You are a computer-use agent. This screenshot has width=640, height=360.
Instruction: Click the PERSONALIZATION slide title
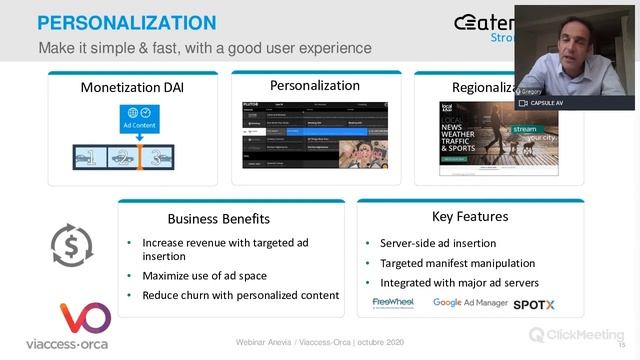coord(126,22)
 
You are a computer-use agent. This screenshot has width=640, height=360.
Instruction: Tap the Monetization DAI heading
coord(132,88)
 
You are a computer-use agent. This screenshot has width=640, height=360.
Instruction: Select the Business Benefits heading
coord(218,218)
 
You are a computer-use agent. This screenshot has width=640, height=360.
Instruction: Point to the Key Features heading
coord(469,216)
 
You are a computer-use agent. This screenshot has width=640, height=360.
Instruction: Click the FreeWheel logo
coord(395,302)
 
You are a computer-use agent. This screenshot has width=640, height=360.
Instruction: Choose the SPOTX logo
coord(535,302)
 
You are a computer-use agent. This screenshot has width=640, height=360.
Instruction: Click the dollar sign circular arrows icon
coord(72,245)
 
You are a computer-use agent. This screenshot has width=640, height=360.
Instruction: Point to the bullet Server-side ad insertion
coord(437,243)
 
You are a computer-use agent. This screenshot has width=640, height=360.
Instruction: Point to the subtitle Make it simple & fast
coord(204,48)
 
